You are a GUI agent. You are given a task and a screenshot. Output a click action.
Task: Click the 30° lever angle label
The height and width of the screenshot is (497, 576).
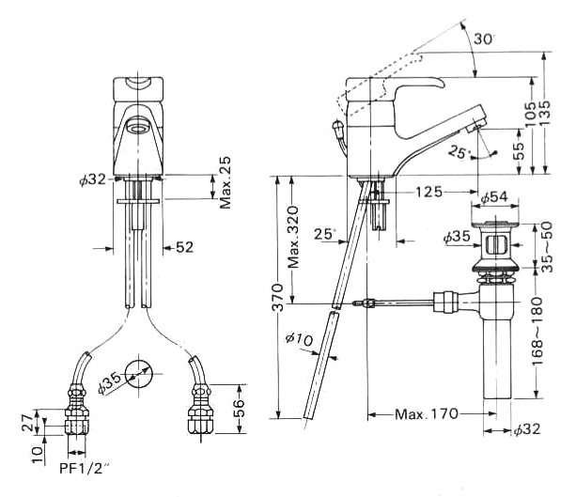pos(484,39)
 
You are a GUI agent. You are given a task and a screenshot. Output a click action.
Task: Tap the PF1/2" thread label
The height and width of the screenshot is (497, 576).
pos(85,468)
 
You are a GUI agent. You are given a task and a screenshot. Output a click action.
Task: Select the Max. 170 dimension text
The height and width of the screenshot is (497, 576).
pos(427,414)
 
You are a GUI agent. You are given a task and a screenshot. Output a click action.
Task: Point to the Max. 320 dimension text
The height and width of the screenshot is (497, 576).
pos(294,237)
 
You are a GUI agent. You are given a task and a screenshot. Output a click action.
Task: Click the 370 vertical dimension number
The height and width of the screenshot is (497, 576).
pos(278,298)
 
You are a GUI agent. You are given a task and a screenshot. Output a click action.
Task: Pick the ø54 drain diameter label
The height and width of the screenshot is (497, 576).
pos(494,197)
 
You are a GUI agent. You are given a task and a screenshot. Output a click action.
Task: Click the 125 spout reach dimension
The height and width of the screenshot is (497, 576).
pos(428,192)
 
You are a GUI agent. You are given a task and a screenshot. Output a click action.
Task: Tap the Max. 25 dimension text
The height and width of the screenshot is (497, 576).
pos(226,182)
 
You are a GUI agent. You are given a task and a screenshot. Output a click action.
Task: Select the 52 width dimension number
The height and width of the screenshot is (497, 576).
pos(184,247)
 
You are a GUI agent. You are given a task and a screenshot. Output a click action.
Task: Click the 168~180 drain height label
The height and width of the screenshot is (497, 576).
pos(537,332)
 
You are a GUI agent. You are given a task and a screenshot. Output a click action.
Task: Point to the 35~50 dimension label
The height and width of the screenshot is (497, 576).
pos(547,246)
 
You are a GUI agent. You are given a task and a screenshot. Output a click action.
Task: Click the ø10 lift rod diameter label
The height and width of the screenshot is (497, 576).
pos(300,340)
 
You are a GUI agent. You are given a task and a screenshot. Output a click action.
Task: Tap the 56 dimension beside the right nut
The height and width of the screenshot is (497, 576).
pos(239,408)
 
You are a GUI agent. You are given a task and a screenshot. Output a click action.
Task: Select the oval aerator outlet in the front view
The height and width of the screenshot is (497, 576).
pos(139,128)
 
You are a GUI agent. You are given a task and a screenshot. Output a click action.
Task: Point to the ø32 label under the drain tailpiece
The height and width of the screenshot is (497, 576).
pos(527,429)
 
